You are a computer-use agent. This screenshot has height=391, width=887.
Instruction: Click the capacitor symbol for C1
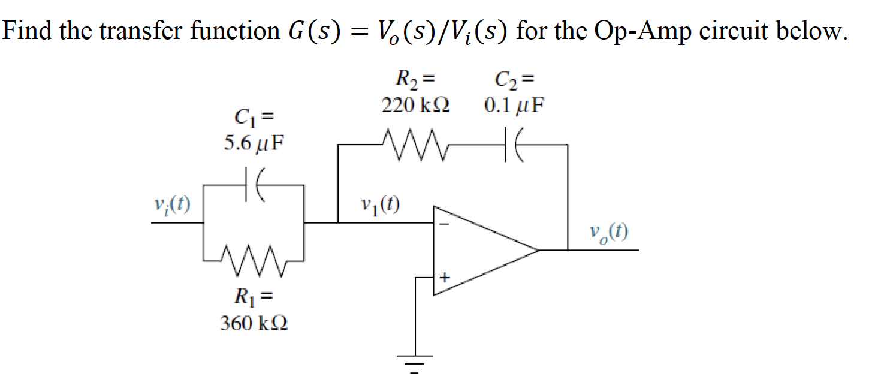point(252,186)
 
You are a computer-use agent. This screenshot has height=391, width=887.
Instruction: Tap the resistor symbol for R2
point(412,145)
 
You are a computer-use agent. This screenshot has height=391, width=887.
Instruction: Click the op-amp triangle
point(479,251)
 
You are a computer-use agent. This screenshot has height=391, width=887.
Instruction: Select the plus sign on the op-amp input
point(444,278)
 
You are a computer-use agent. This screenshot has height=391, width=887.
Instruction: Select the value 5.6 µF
point(252,145)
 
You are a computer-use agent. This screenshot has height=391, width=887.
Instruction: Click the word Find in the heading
point(26,30)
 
